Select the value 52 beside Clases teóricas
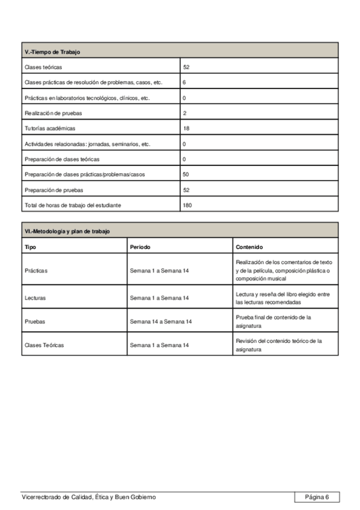click(x=186, y=67)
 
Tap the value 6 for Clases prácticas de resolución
click(x=184, y=82)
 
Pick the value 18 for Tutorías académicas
click(x=186, y=129)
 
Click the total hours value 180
click(x=188, y=206)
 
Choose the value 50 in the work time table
click(x=186, y=174)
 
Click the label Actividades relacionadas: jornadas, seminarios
click(x=87, y=144)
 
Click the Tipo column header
click(x=30, y=247)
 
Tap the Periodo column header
click(x=140, y=247)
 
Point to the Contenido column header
click(x=249, y=247)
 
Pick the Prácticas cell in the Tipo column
click(x=36, y=271)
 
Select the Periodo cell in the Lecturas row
click(x=159, y=298)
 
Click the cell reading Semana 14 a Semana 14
click(x=160, y=322)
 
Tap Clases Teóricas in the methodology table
click(x=44, y=345)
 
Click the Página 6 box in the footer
click(x=317, y=497)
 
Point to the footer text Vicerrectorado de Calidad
click(x=88, y=497)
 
